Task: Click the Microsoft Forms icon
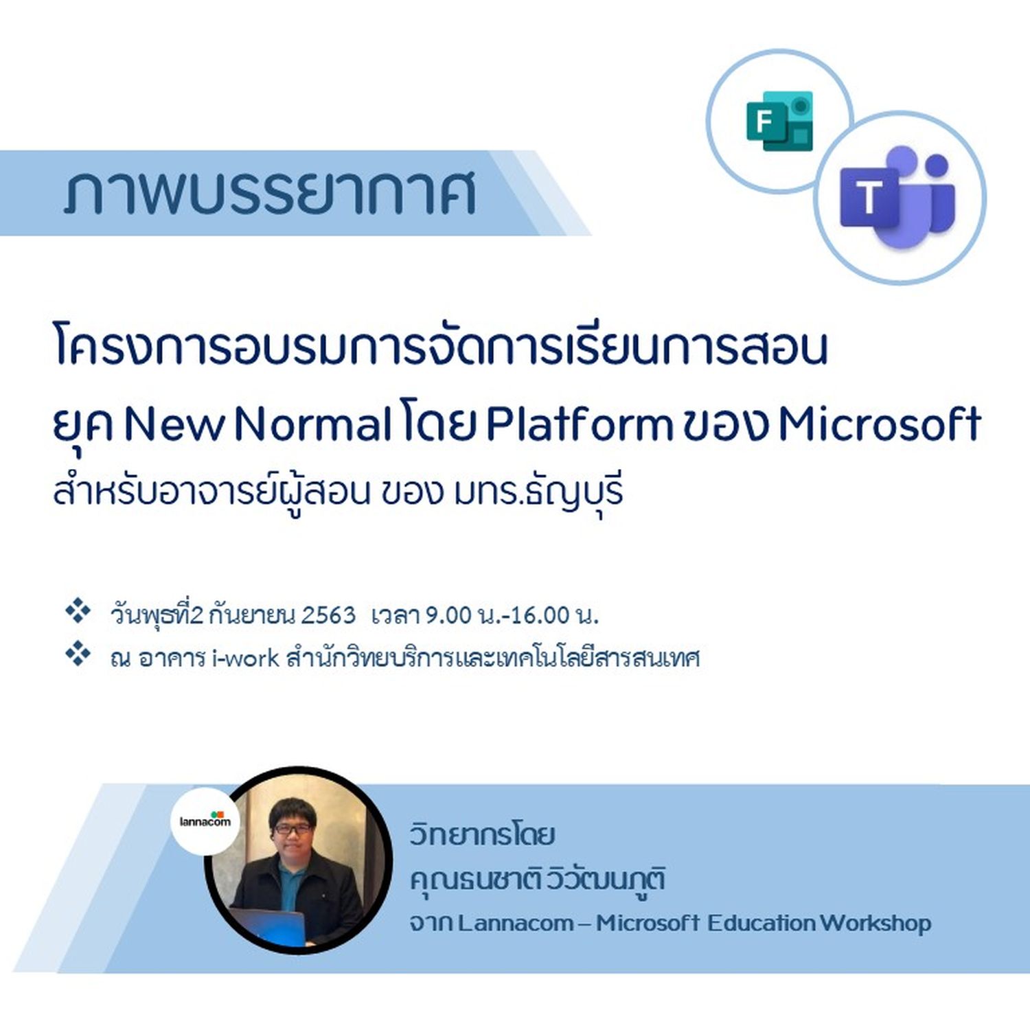(x=780, y=121)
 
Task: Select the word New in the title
(x=174, y=425)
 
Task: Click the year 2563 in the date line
(x=328, y=615)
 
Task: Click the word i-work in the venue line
(x=246, y=658)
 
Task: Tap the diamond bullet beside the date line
(x=78, y=610)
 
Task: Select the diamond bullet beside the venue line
(x=78, y=654)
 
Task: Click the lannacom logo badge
(x=205, y=821)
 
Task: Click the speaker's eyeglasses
(x=293, y=829)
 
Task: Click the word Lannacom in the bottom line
(x=516, y=923)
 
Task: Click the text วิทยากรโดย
(x=482, y=835)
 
